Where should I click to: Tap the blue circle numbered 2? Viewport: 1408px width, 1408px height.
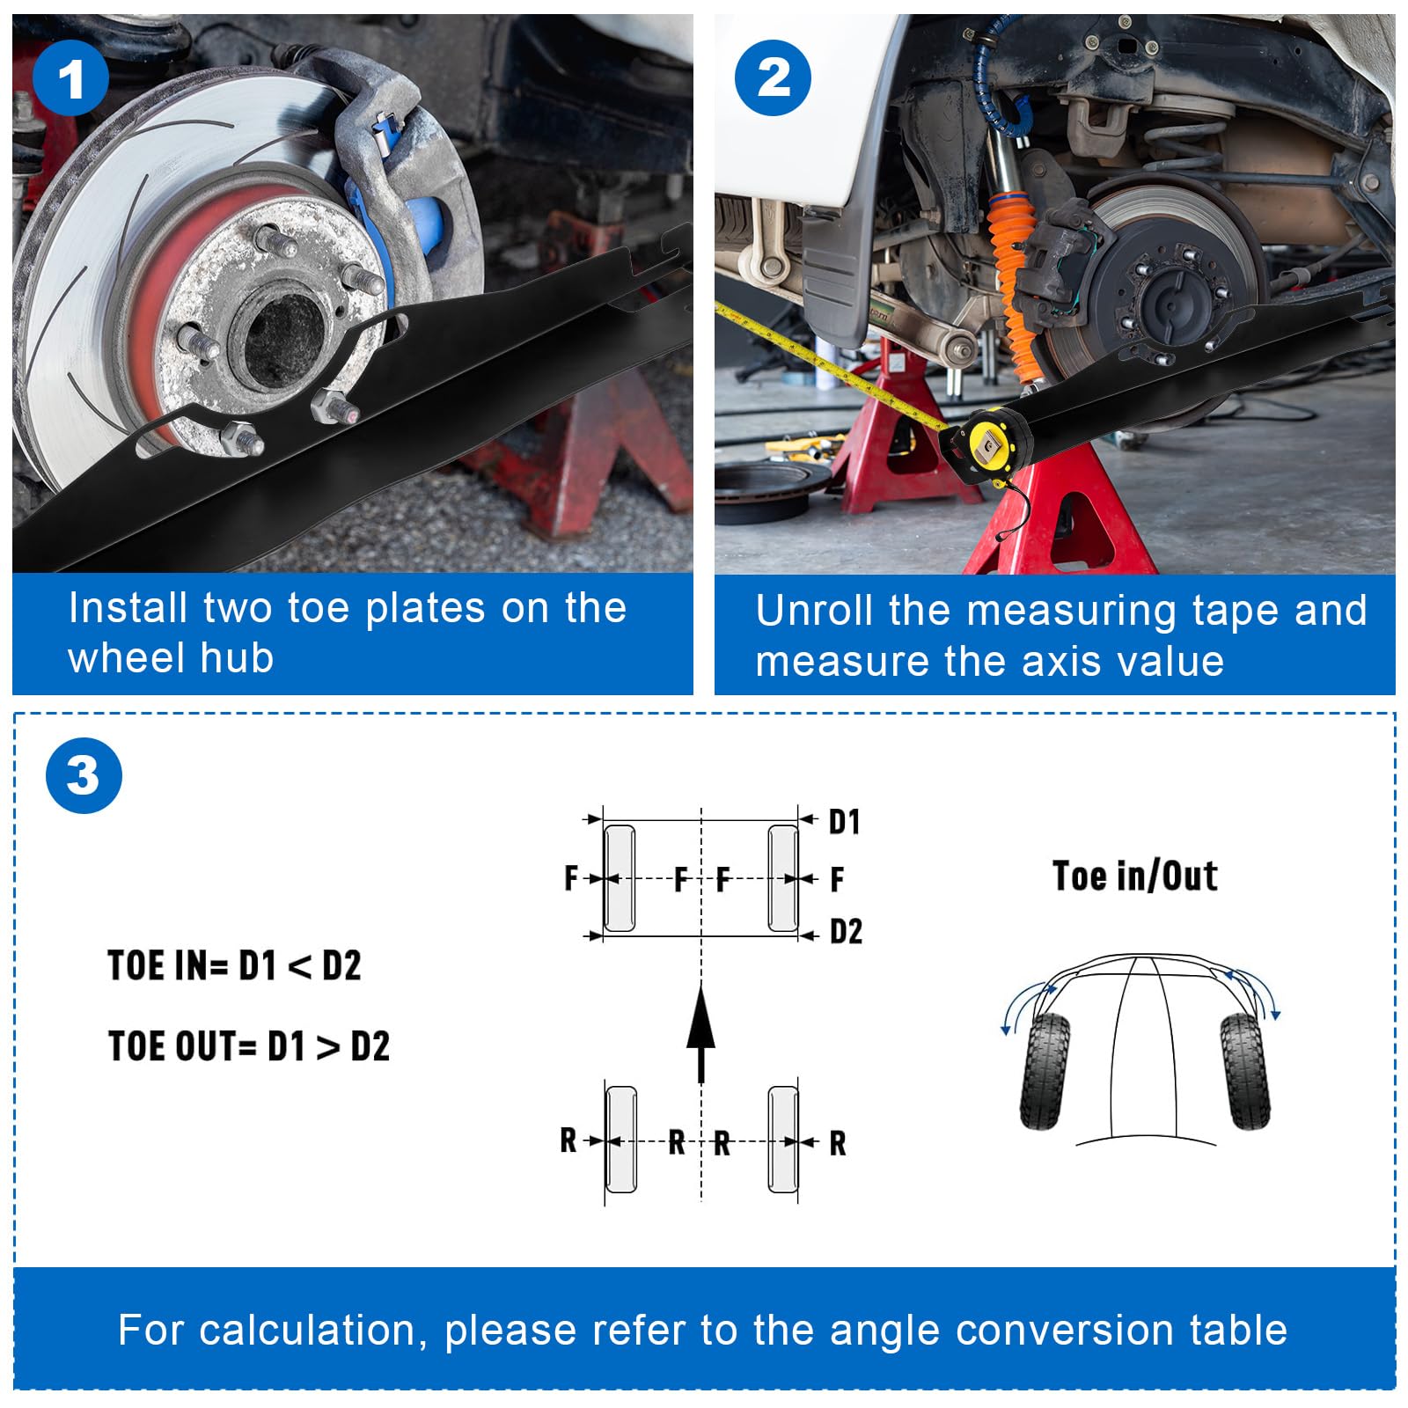[773, 77]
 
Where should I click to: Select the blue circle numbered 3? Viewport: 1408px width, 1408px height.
[84, 775]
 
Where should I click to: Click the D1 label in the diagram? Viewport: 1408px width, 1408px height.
[845, 822]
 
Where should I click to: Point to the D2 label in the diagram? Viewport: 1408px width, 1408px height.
[847, 931]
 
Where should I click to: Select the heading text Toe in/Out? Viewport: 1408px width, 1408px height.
[1135, 876]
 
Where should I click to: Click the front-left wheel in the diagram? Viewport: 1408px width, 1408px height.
[620, 877]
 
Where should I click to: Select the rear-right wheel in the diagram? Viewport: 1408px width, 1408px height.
[783, 1140]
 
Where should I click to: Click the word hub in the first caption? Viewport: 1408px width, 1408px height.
[237, 657]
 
